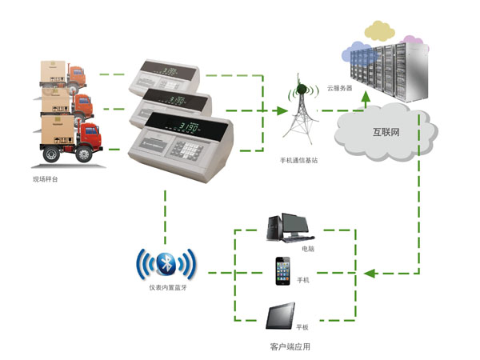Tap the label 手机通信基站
(x=301, y=161)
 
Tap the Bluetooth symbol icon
(x=166, y=264)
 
